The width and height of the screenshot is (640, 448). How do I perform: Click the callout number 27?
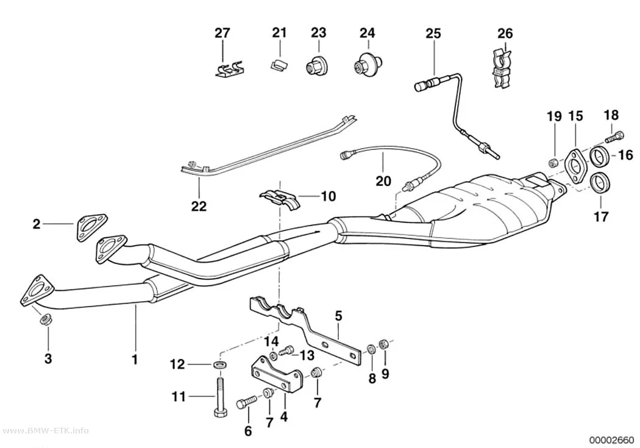click(x=222, y=33)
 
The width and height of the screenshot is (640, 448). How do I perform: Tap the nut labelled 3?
click(x=44, y=319)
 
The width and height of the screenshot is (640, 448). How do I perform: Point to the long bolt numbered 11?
click(x=218, y=396)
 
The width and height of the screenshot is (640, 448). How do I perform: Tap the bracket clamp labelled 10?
click(x=280, y=197)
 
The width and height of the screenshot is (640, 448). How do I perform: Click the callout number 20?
click(x=383, y=181)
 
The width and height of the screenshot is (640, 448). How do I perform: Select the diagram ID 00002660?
click(x=611, y=441)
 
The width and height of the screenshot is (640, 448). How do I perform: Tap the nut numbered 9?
click(x=383, y=344)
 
